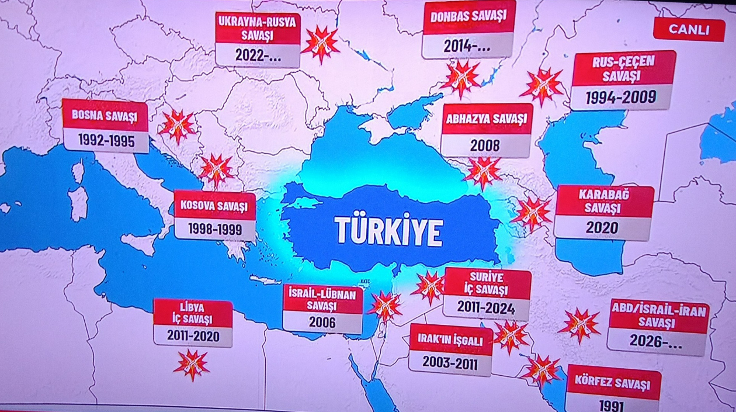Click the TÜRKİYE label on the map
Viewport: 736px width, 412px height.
pyautogui.click(x=388, y=231)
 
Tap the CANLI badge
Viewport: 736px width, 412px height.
pyautogui.click(x=689, y=29)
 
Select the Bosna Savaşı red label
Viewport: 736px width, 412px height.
pyautogui.click(x=105, y=115)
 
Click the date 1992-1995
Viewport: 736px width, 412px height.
pyautogui.click(x=106, y=141)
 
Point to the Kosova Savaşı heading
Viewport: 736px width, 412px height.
pyautogui.click(x=215, y=205)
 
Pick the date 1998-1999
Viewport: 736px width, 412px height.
pyautogui.click(x=215, y=229)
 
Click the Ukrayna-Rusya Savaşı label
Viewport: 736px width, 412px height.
pyautogui.click(x=258, y=28)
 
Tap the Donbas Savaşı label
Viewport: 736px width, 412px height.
pyautogui.click(x=468, y=17)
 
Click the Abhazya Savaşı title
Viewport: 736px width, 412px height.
pyautogui.click(x=487, y=120)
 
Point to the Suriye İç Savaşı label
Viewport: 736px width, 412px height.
pyautogui.click(x=487, y=283)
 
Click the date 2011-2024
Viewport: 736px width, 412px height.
pyautogui.click(x=487, y=308)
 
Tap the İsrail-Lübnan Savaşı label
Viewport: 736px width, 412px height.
pyautogui.click(x=322, y=299)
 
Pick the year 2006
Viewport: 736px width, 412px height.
pyautogui.click(x=322, y=322)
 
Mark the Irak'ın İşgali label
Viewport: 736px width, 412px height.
pyautogui.click(x=450, y=340)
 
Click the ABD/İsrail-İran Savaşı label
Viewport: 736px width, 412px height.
pyautogui.click(x=658, y=316)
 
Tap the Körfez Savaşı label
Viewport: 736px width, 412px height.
pyautogui.click(x=613, y=385)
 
